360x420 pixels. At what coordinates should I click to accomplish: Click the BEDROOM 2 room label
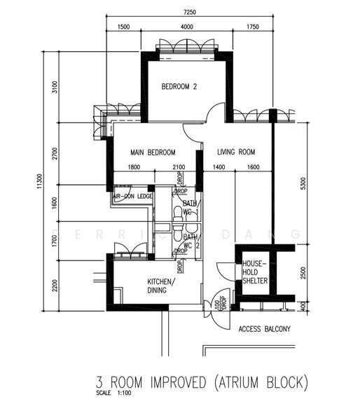(179, 87)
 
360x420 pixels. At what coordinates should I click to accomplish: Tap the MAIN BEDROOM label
(153, 152)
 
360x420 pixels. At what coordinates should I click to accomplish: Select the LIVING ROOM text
(235, 152)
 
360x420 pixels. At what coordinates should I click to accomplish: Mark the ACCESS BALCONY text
(265, 328)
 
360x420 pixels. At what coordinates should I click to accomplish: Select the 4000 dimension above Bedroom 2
(186, 27)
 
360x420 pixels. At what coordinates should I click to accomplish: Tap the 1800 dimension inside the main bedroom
(135, 167)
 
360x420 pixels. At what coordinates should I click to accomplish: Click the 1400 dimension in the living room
(219, 167)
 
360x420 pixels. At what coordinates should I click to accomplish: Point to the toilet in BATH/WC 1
(176, 213)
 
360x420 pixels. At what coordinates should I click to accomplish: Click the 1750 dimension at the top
(252, 27)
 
